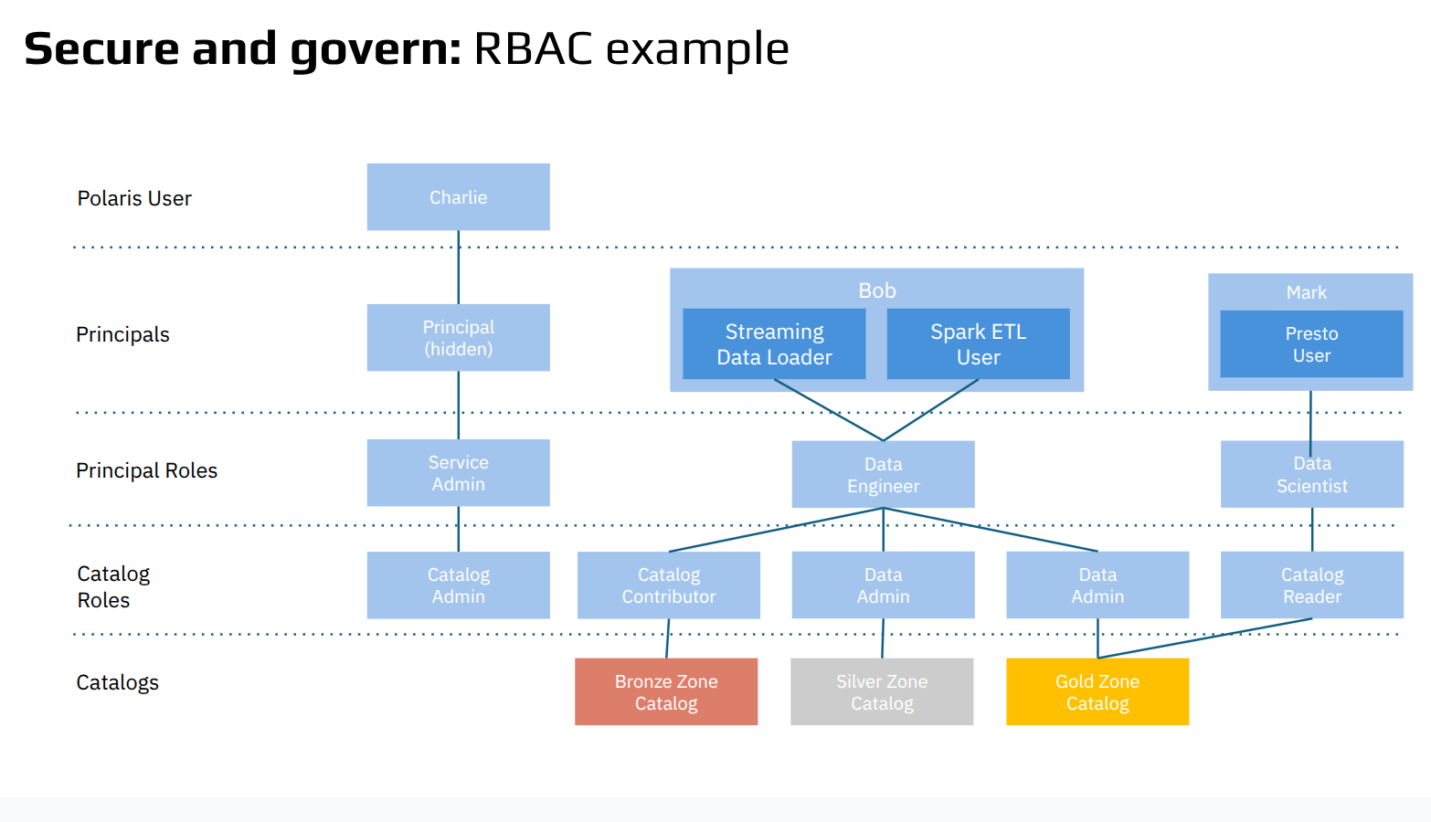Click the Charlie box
click(x=458, y=196)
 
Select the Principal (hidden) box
click(x=458, y=337)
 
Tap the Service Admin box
click(x=458, y=472)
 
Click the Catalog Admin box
click(x=458, y=585)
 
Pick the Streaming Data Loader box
click(x=774, y=343)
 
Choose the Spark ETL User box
click(x=978, y=343)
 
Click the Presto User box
click(x=1311, y=343)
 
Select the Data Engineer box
click(x=883, y=474)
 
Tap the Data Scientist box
click(x=1311, y=474)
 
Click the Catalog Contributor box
click(x=669, y=585)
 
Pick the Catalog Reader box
click(x=1311, y=585)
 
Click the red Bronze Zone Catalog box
click(x=666, y=691)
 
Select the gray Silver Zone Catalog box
click(x=882, y=691)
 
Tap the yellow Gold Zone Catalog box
click(x=1097, y=691)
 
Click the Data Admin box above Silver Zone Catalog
click(x=883, y=585)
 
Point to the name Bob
click(x=877, y=290)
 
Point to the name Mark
click(x=1307, y=292)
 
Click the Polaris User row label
click(x=134, y=198)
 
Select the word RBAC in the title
click(x=533, y=48)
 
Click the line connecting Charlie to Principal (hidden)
click(x=458, y=267)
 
